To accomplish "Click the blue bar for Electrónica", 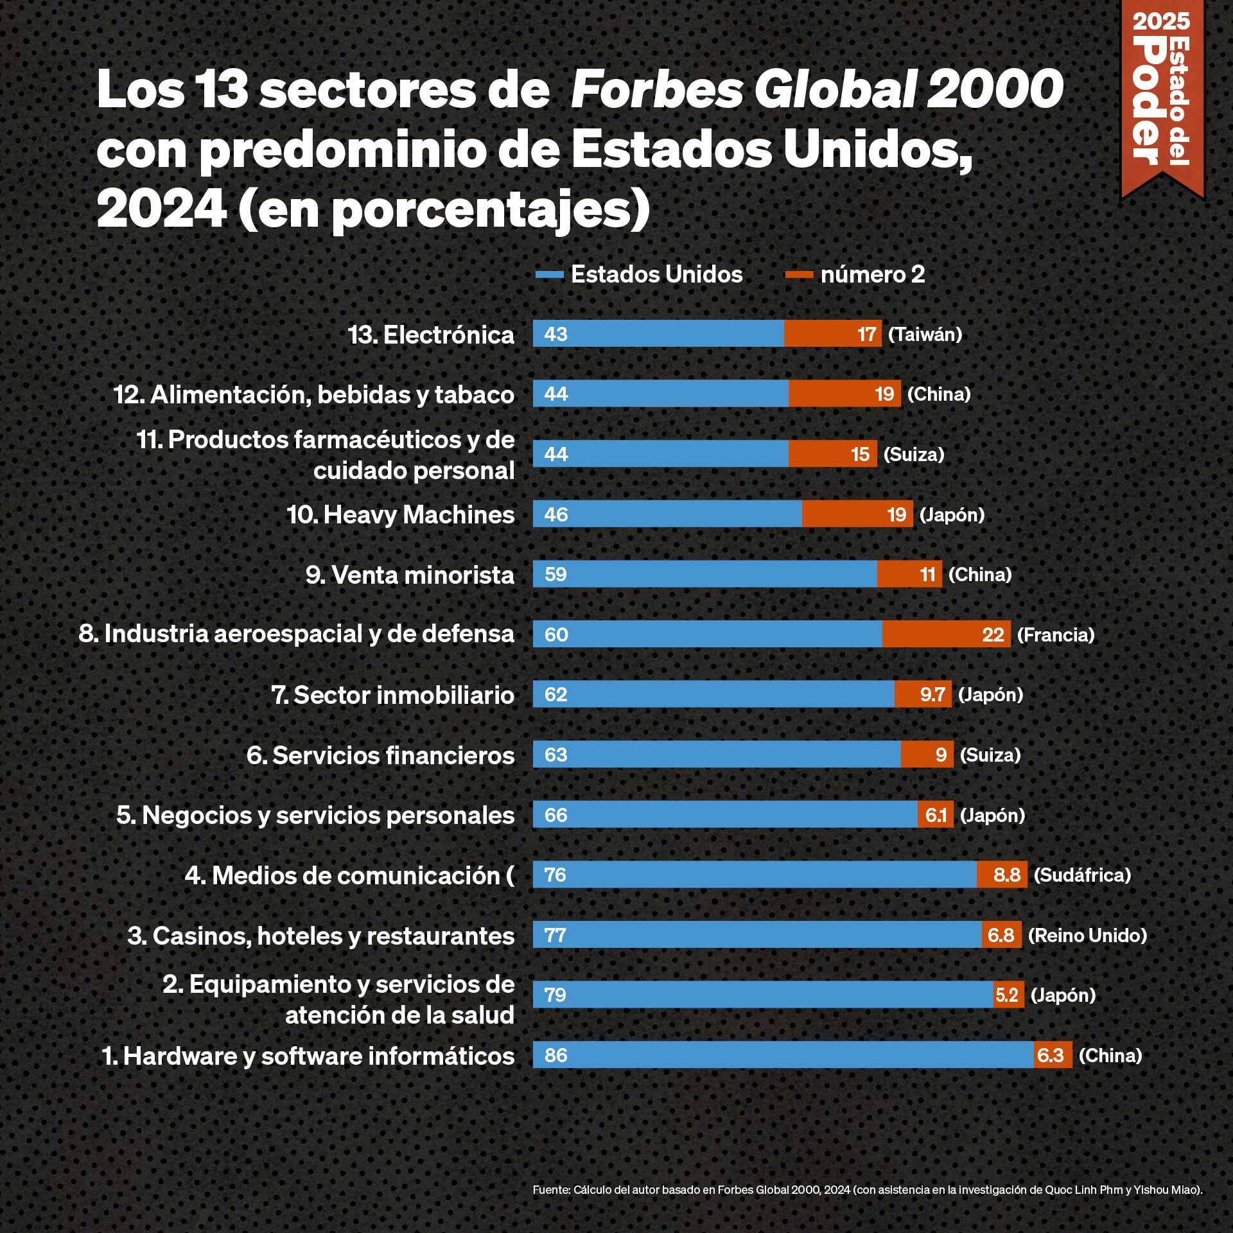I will coord(658,334).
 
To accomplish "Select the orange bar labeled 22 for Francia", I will coord(946,634).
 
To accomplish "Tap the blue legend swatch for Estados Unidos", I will coord(549,275).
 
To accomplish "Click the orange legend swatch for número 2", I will coord(799,275).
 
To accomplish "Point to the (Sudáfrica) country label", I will coord(1082,875).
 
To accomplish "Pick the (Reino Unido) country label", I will coord(1087,935).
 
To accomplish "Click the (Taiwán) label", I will coord(925,334).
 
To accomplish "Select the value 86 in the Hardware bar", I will coord(555,1055).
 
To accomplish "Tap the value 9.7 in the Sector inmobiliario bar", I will coord(932,694).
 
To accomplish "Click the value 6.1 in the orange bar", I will coord(936,815).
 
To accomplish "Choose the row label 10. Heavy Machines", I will coord(400,514).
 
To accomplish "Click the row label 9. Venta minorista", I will coord(410,575).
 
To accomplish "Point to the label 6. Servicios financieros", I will coord(380,755).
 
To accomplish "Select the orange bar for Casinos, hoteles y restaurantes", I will coord(1001,935).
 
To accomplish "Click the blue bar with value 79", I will coord(763,995).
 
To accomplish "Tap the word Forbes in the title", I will coord(656,89).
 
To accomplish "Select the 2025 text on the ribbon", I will coord(1161,21).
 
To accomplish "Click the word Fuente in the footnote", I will coord(551,1190).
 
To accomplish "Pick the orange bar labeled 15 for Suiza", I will coord(832,454).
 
